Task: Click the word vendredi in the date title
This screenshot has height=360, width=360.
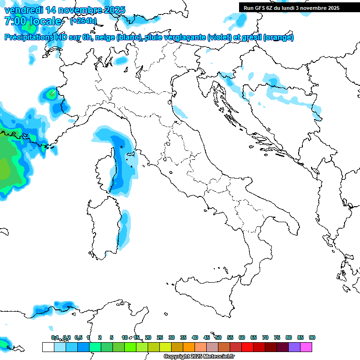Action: tap(22, 9)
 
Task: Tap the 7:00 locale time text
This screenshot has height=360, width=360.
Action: tap(33, 21)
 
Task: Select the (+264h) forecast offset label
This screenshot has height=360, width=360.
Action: tap(83, 21)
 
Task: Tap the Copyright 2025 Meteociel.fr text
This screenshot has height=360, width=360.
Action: tap(199, 357)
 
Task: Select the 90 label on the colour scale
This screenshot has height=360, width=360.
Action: tap(312, 337)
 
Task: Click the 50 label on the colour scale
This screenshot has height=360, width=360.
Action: tap(218, 337)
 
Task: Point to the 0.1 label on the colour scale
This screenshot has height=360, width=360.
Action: tap(55, 337)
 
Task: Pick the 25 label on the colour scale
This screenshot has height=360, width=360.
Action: tap(160, 337)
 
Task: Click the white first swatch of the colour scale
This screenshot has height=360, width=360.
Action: tap(48, 347)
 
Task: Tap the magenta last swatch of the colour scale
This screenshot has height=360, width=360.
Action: tap(306, 347)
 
